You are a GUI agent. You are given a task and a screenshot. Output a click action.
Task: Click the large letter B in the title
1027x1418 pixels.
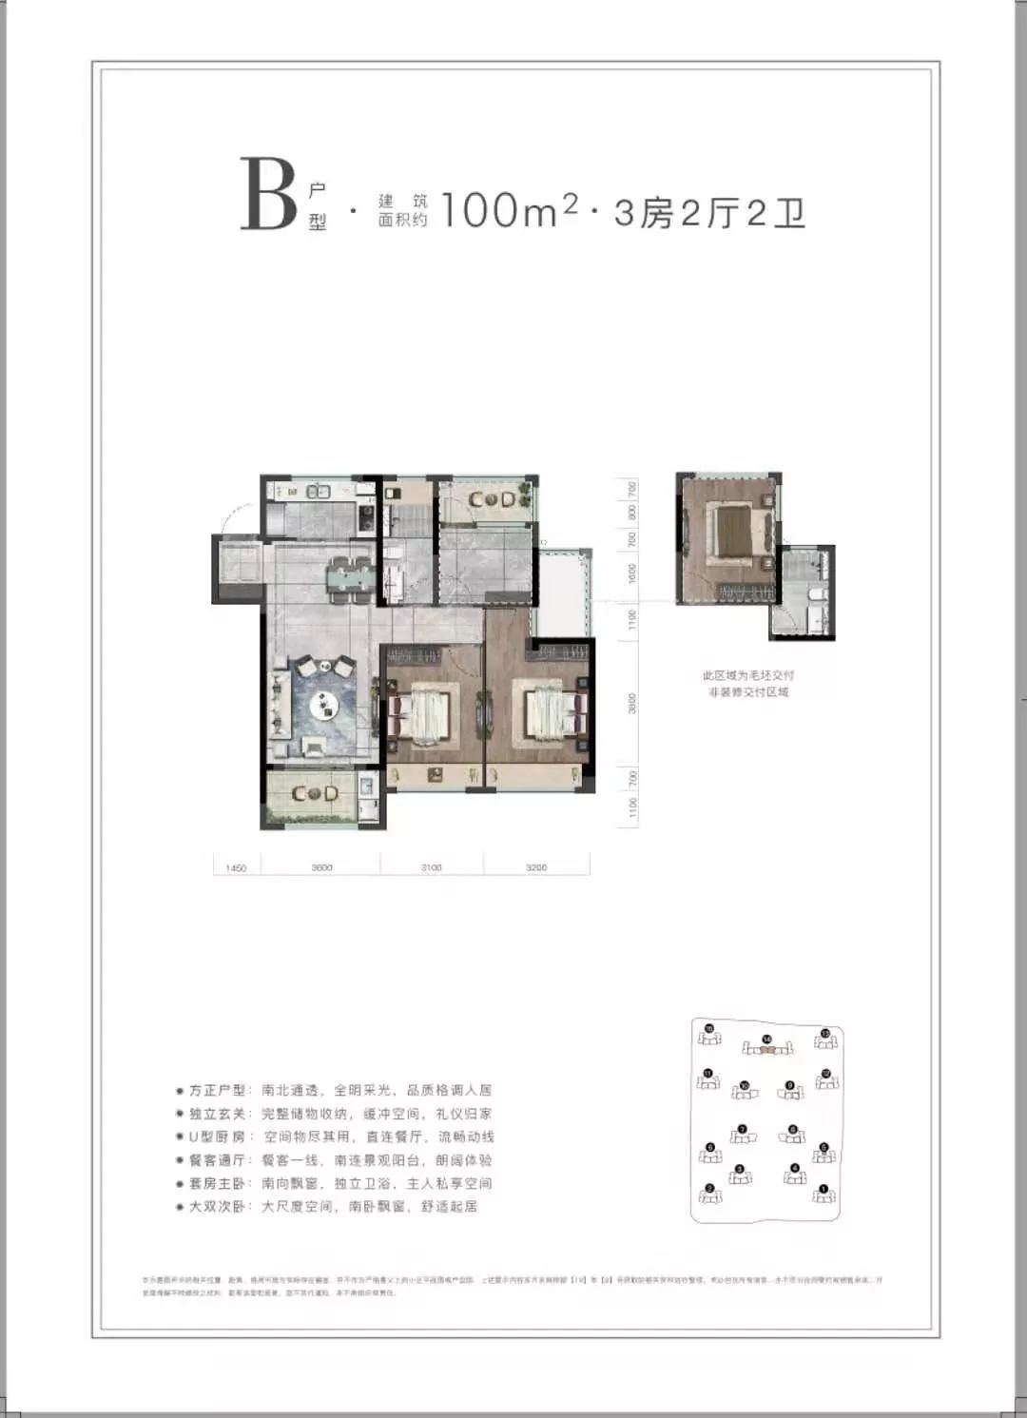coord(268,195)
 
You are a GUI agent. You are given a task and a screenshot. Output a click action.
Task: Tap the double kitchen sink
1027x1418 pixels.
coord(315,492)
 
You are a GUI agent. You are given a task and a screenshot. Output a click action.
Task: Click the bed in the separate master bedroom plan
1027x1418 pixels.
coord(733,530)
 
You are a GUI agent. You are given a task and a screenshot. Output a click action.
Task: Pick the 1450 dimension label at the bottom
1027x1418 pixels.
coord(236,867)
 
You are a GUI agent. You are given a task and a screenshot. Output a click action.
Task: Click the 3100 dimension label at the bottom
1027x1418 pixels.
coord(431,867)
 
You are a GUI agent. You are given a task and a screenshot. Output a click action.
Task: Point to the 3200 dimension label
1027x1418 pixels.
coord(536,867)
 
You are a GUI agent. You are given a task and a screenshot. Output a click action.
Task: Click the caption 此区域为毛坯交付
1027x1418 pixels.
coord(747,675)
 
